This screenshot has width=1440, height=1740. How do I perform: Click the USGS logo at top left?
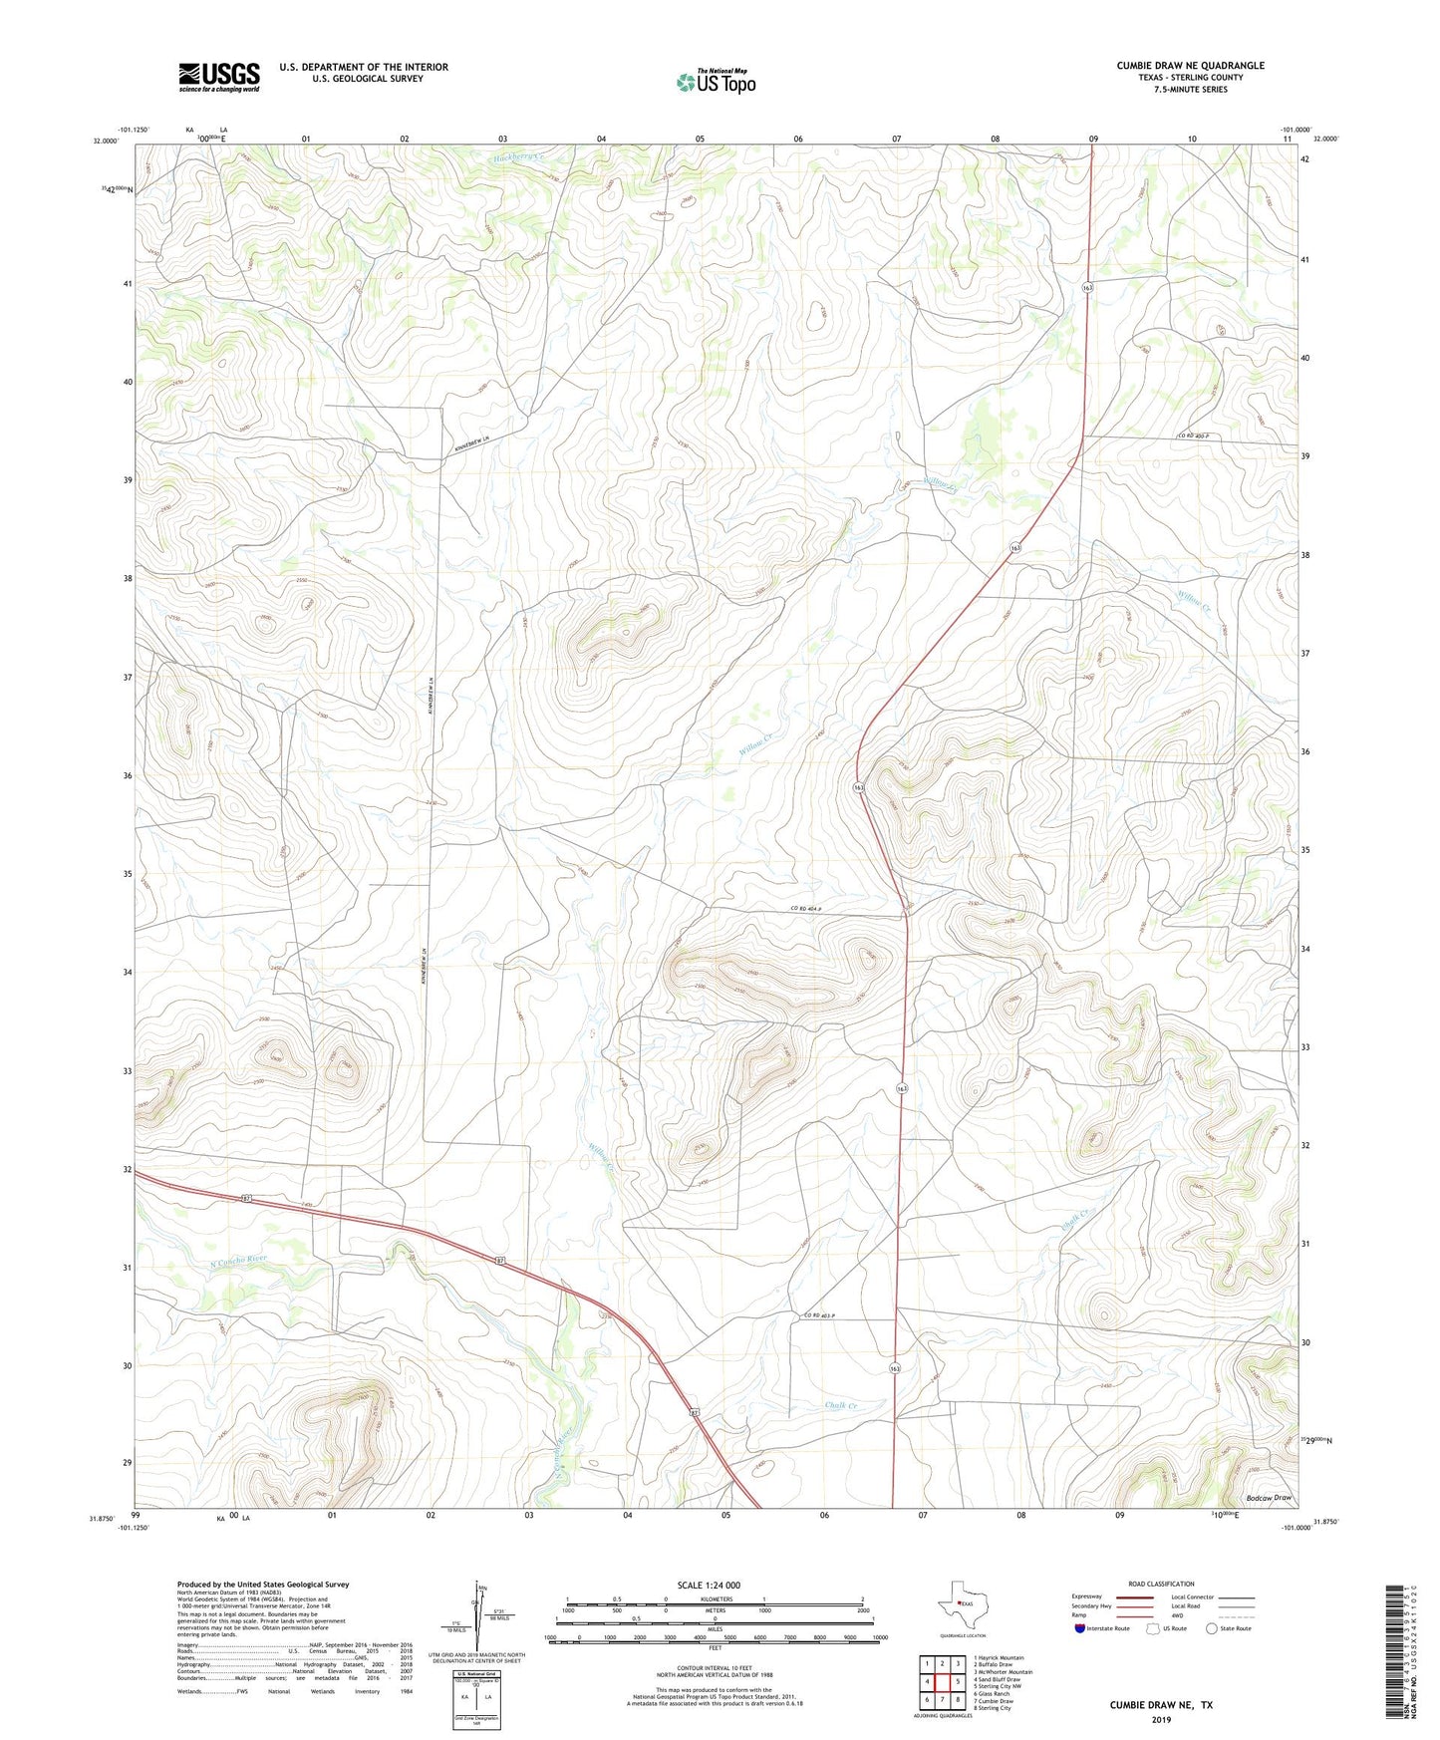coord(218,77)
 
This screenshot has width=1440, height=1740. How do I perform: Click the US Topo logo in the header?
coord(715,82)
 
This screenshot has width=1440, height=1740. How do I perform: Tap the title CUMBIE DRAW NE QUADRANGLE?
coord(1190,66)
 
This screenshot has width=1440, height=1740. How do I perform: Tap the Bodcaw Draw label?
coord(1268,1498)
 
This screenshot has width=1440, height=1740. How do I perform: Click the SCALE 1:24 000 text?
coord(710,1585)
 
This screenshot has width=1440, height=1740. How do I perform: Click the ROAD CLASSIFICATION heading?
coord(1160,1584)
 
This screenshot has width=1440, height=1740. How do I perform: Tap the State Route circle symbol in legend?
coord(1211,1628)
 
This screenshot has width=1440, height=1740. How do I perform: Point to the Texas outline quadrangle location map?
coord(961,1605)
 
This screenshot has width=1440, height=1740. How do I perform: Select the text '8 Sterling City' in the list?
coord(992,1707)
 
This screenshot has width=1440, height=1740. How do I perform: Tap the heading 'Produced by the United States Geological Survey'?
coord(262,1584)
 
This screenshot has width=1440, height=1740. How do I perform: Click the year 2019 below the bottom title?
coord(1160,1720)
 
